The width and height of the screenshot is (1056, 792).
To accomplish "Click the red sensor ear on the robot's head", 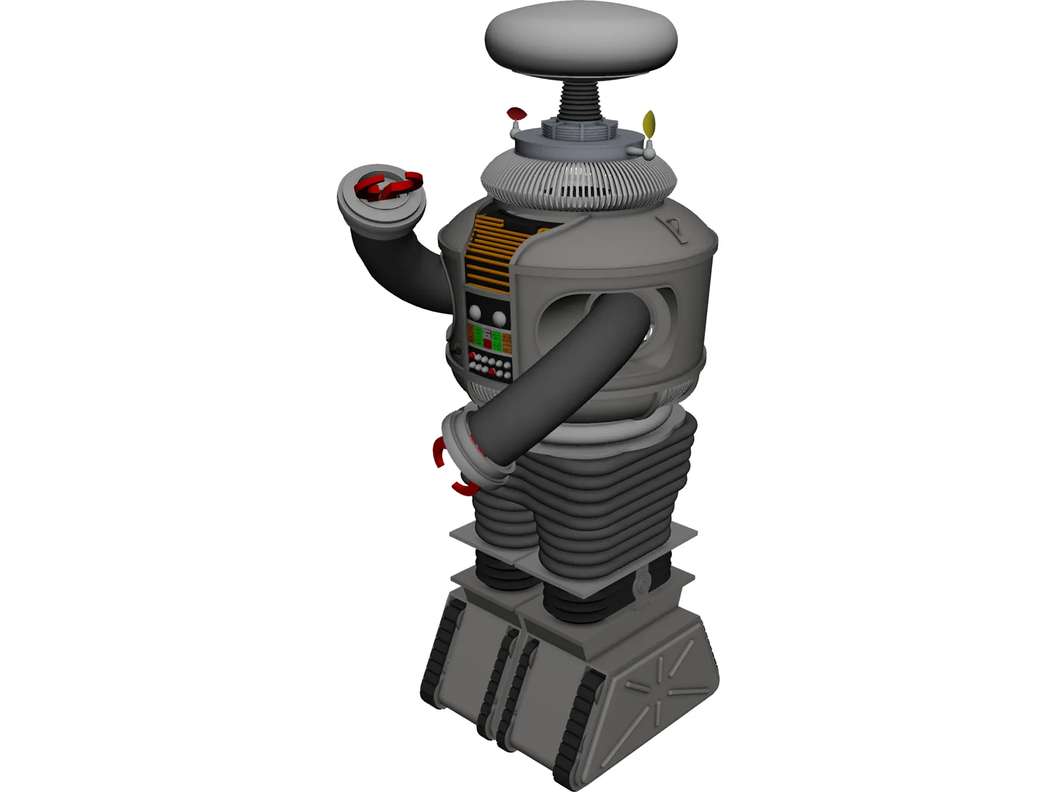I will point(515,114).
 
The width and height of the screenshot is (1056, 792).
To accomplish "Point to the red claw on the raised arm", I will point(389,186).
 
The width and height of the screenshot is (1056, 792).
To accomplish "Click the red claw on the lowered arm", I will point(440,455).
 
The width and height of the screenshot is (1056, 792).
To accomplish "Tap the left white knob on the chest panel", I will point(475,313).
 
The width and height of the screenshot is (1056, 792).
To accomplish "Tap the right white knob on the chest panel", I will point(499,319).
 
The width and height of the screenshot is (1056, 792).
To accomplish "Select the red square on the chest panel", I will point(488,344).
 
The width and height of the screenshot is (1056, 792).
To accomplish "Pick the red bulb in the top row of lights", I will point(472,355).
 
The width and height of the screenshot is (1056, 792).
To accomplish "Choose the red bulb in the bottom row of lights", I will point(492,371).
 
